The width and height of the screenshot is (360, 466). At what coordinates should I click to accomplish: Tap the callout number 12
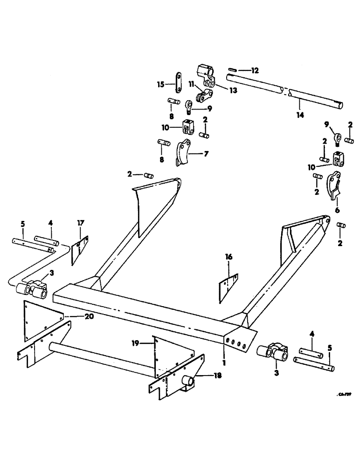click(254, 71)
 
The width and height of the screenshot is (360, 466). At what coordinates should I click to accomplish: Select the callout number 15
click(160, 84)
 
